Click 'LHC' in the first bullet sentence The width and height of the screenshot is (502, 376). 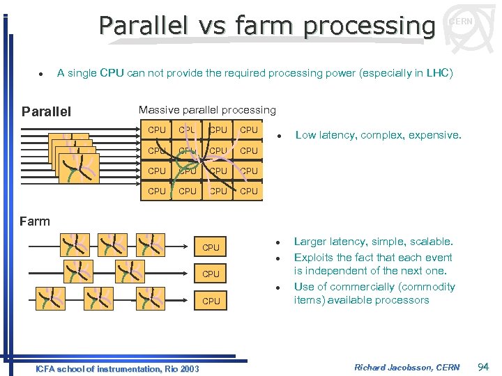click(x=436, y=72)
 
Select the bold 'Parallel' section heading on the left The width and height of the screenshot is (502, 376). click(x=46, y=111)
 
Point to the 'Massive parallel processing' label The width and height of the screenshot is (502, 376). click(x=207, y=110)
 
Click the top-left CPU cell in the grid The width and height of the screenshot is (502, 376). click(x=157, y=130)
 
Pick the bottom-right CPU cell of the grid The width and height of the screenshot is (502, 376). click(x=248, y=191)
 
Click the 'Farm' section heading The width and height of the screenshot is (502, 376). click(x=35, y=221)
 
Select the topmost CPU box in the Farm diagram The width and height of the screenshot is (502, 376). click(x=211, y=247)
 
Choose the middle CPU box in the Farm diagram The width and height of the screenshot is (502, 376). click(x=211, y=274)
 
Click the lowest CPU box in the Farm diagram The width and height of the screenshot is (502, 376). click(x=211, y=301)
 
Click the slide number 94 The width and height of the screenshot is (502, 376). click(x=483, y=367)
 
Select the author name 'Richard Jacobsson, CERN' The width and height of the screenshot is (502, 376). click(x=406, y=367)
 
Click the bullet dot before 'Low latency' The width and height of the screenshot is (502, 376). click(x=277, y=135)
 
